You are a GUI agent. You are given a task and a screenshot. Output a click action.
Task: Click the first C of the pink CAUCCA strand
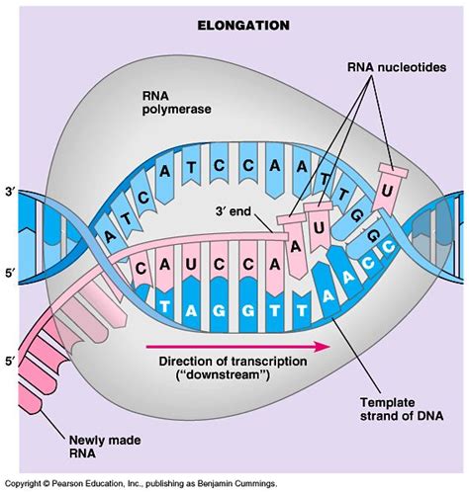tap(142, 266)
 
